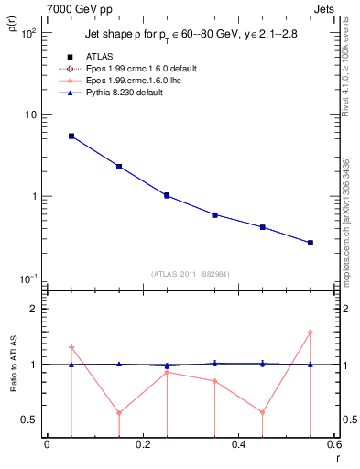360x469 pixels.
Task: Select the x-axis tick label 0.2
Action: [x=142, y=444]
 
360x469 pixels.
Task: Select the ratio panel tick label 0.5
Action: [x=29, y=420]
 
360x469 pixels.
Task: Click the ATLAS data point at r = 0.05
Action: [x=71, y=136]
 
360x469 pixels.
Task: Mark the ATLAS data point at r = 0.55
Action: [x=311, y=243]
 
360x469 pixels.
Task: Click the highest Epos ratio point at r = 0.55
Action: [x=311, y=333]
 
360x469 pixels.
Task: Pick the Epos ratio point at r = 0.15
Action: [x=119, y=412]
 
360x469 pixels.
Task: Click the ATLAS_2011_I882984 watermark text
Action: [x=190, y=273]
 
